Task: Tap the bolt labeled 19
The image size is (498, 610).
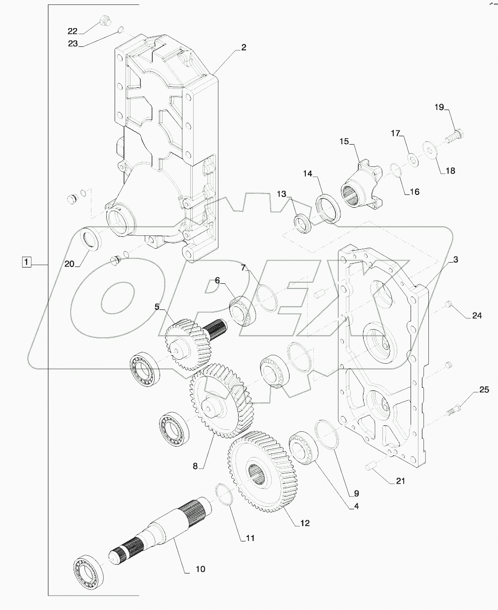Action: tap(454, 135)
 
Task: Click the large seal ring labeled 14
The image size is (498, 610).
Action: tap(328, 209)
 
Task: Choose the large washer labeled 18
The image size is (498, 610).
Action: tap(429, 150)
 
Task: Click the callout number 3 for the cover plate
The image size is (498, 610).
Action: tap(456, 260)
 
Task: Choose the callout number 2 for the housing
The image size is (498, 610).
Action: tap(243, 47)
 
